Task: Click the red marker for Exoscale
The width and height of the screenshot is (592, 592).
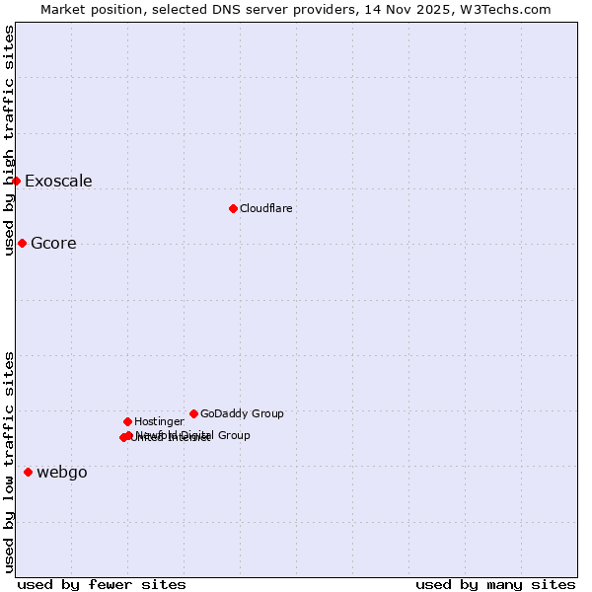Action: coord(16,181)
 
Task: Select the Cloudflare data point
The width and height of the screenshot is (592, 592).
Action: coord(233,208)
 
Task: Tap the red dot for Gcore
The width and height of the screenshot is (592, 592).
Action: coord(22,243)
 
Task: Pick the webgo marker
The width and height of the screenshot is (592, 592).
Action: coord(28,472)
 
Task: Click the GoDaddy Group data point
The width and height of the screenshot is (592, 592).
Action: coord(193,413)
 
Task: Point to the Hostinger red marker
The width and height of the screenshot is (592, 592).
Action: coord(127,421)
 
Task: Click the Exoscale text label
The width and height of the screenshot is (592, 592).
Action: coord(58,181)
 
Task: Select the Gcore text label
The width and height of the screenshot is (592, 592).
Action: coord(53,244)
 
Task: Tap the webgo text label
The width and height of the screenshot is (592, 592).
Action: coord(62,473)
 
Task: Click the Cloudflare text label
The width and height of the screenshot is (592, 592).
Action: coord(266,208)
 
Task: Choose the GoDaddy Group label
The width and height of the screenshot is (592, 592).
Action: coord(242,413)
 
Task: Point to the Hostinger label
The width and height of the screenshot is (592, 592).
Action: coord(159,421)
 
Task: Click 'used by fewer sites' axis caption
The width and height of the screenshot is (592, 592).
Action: coord(102,584)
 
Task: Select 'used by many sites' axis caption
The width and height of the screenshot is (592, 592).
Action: coord(495,584)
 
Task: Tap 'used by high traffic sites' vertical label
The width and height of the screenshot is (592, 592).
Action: coord(9,140)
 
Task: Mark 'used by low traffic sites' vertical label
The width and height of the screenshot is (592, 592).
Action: coord(9,462)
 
